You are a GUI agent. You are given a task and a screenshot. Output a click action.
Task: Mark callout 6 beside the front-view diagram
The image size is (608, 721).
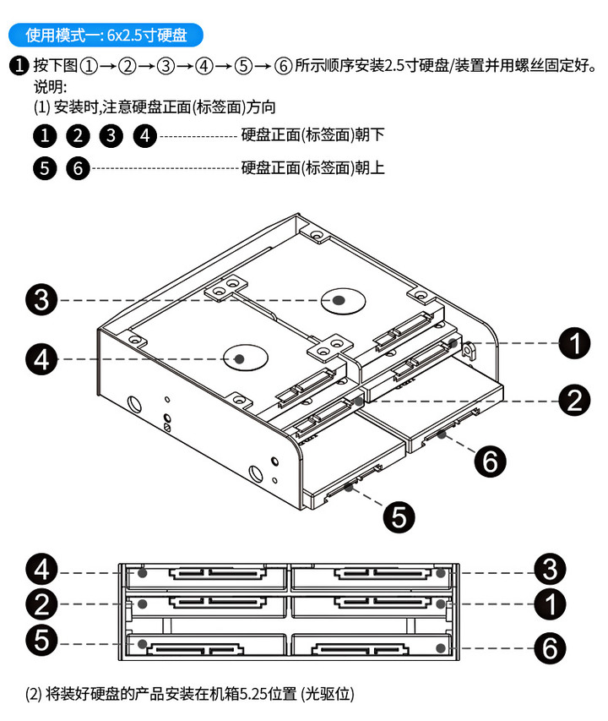tap(549, 648)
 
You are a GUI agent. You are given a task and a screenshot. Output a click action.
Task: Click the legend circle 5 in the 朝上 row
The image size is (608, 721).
tap(45, 168)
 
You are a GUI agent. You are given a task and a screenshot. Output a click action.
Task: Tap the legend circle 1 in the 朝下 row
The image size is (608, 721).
tap(45, 135)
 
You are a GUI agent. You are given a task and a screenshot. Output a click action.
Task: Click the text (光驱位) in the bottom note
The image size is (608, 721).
tap(326, 695)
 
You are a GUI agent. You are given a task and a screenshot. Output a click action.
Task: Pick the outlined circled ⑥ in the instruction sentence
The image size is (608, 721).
tap(284, 65)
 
